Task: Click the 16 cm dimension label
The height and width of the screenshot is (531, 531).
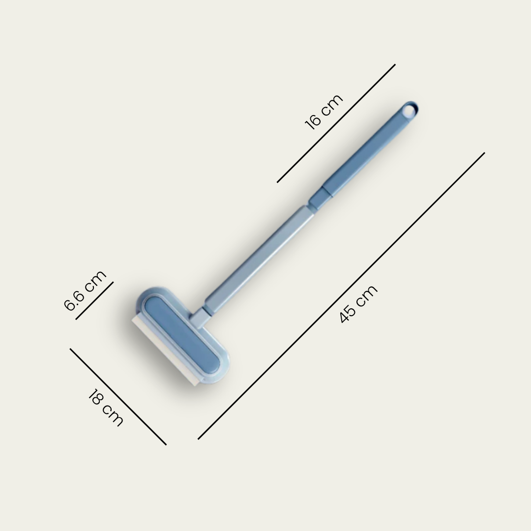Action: pos(324,112)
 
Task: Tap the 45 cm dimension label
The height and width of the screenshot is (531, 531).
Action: pos(358,304)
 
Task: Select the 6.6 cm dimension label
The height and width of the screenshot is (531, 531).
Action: pos(85,291)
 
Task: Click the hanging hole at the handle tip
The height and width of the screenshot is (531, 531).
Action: pos(410,111)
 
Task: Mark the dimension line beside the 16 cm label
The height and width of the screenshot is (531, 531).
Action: pos(336,123)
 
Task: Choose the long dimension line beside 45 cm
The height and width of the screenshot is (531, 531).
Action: pos(341,296)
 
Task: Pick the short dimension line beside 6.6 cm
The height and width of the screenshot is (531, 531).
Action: pos(94,300)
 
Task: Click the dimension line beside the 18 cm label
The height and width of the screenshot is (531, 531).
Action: pos(118,397)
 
